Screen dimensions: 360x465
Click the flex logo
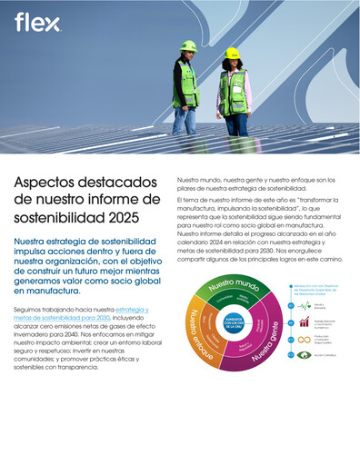click(x=32, y=22)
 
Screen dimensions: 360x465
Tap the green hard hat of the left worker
click(x=188, y=45)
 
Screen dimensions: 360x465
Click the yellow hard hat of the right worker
click(x=232, y=53)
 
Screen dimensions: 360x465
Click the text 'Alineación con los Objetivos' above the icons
click(x=319, y=286)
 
